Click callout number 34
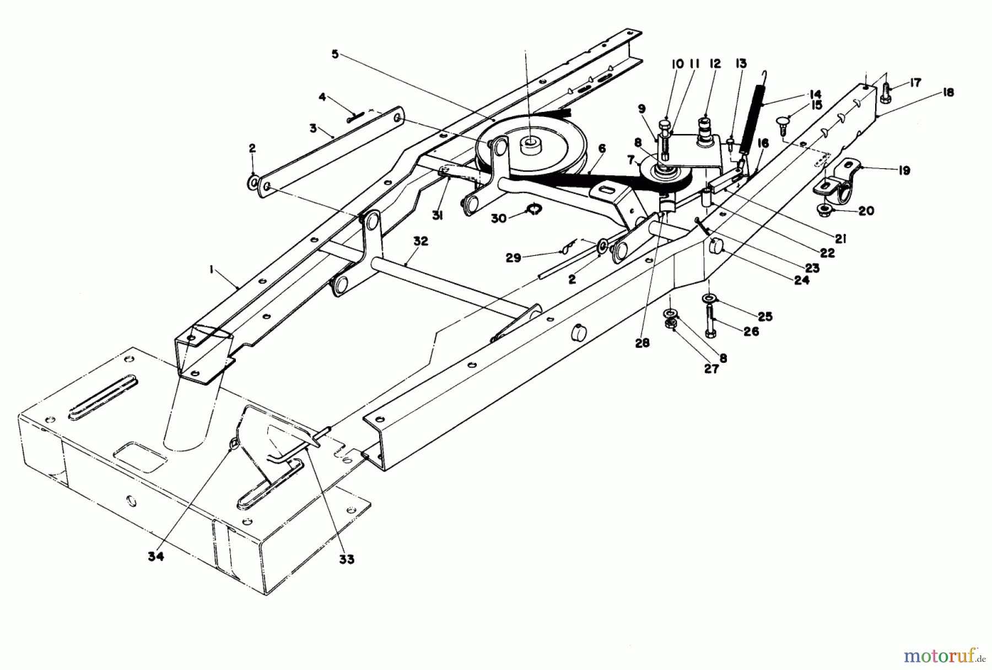click(x=156, y=556)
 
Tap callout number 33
click(x=347, y=559)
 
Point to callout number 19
click(x=903, y=170)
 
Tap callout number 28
click(x=642, y=342)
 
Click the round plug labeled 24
click(x=715, y=246)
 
